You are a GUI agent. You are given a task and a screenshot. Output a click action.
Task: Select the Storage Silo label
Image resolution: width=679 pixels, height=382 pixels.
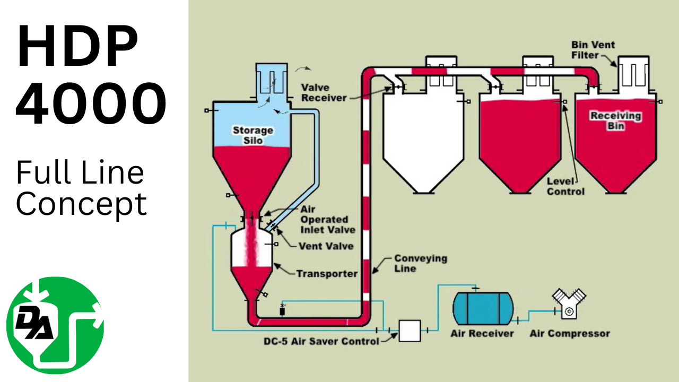point(253,135)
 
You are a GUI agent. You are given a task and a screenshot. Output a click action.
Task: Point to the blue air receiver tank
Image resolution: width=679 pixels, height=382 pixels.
point(482,308)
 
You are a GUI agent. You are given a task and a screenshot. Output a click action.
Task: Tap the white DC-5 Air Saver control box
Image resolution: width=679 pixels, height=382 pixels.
point(410,331)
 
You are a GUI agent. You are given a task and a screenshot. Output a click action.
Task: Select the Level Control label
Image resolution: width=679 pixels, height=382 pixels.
point(565,186)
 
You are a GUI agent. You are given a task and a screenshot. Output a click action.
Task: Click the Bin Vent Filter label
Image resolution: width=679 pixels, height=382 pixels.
point(593,50)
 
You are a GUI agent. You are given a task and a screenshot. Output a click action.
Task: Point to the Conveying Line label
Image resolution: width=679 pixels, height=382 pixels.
point(420,263)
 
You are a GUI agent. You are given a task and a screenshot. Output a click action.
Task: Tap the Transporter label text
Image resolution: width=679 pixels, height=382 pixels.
point(327,274)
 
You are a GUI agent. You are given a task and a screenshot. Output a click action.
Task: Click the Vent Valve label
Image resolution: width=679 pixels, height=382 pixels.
point(326,246)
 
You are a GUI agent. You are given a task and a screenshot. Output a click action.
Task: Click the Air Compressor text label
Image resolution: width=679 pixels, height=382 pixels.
point(569,334)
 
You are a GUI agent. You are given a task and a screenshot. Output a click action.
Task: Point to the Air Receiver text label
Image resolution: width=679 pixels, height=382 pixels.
point(482,334)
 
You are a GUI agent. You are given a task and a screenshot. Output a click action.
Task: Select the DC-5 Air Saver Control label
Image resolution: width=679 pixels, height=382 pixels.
point(321,341)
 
